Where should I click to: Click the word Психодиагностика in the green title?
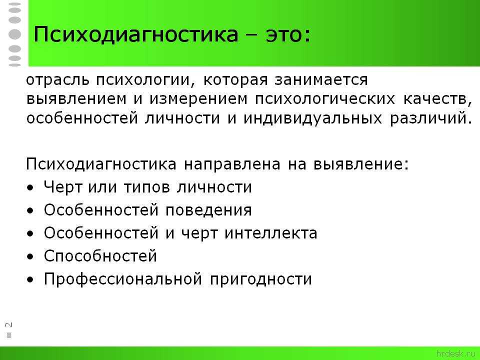135,34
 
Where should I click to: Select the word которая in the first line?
235,80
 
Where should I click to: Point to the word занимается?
321,80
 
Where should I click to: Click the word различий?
428,118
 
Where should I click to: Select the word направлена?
232,164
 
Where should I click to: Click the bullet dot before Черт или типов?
30,188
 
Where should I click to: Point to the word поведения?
208,210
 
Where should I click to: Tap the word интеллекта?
271,233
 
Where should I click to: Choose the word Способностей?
100,256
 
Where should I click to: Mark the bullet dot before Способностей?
30,257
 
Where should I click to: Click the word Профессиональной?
123,279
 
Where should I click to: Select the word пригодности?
261,279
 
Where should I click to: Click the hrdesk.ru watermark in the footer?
456,353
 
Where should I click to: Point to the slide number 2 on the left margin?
9,325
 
